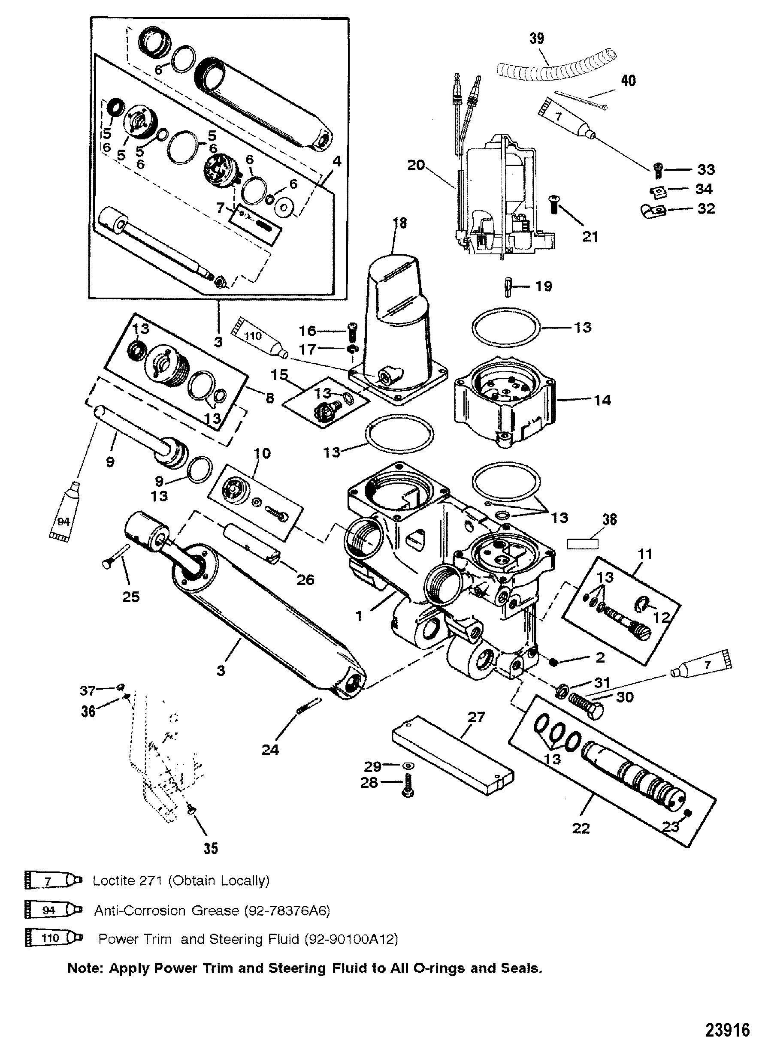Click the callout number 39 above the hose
[537, 39]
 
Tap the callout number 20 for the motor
[416, 164]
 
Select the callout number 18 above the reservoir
[400, 223]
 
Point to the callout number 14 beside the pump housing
[602, 400]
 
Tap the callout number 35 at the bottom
[211, 848]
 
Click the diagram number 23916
[727, 1017]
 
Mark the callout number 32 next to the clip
[706, 209]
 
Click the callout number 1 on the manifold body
[360, 616]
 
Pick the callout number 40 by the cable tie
[628, 81]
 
